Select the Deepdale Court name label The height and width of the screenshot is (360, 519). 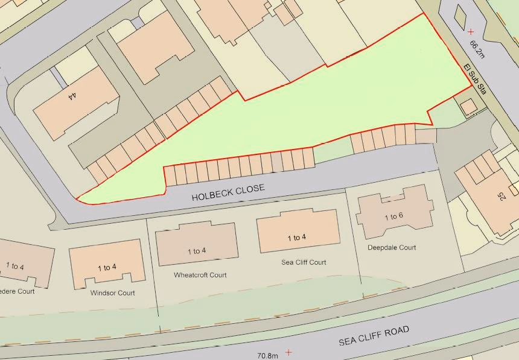coord(392,247)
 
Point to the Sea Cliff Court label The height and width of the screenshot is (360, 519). coord(304,262)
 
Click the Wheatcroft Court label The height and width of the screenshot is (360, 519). coord(200,275)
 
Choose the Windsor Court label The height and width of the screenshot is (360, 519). coord(112,293)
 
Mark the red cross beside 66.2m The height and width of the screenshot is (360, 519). coord(471,31)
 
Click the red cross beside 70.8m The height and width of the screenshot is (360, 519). coord(289,352)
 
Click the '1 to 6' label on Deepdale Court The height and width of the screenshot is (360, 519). coord(393,216)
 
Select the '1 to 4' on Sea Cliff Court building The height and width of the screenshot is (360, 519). coord(296,238)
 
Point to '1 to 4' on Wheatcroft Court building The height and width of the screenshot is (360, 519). coord(197,251)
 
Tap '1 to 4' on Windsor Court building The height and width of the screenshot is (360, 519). coord(107,267)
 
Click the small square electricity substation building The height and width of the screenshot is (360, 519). coord(468,108)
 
